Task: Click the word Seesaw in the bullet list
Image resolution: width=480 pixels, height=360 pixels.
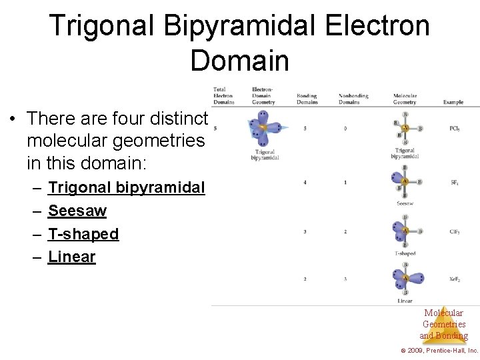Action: (77, 211)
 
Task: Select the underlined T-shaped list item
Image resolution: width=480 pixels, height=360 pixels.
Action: (83, 234)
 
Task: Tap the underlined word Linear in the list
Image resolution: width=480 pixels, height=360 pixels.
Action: (72, 257)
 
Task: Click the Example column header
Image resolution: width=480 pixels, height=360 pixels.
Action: (453, 102)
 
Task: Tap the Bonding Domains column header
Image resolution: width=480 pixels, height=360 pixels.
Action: (307, 99)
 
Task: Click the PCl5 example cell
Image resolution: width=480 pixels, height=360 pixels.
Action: (454, 128)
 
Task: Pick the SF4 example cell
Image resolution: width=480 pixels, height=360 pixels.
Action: (453, 182)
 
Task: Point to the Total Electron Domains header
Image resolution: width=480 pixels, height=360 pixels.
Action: (223, 95)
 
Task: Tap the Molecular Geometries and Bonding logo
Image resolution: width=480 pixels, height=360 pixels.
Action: (443, 324)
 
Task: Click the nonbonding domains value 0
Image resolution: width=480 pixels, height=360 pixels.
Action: (345, 128)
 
